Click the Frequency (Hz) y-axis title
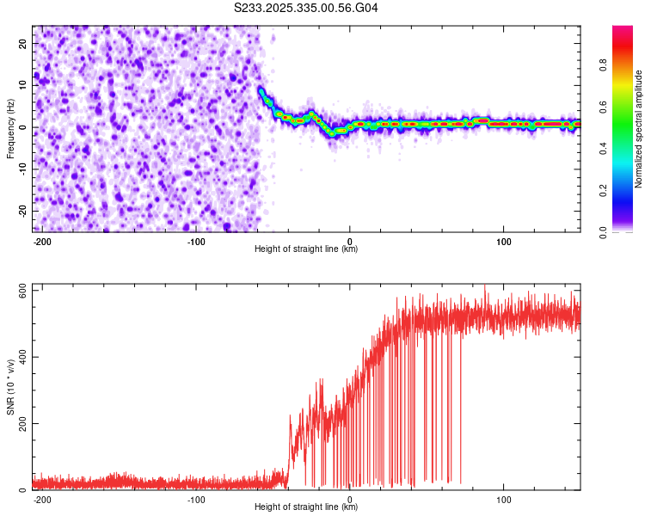coord(10,128)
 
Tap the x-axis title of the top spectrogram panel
coord(306,249)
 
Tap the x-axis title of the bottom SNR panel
coord(306,507)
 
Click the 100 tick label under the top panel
coord(504,240)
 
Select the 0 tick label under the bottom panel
coord(350,498)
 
